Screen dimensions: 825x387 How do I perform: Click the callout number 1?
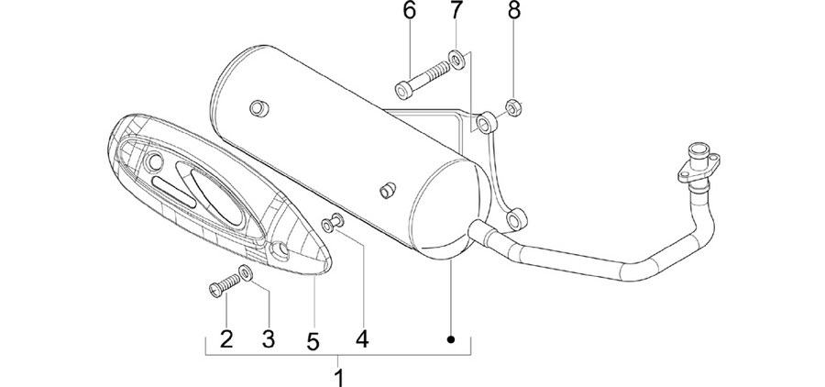[x=339, y=377]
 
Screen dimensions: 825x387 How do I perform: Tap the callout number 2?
[x=226, y=339]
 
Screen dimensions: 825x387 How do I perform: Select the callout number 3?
[x=269, y=339]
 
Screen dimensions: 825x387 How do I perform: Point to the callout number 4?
[x=362, y=339]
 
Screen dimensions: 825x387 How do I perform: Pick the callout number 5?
[x=313, y=342]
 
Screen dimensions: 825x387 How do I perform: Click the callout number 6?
[x=410, y=11]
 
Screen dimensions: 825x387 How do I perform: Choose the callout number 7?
[x=456, y=11]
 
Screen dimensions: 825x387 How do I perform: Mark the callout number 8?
[x=514, y=11]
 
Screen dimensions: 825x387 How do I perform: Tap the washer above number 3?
[x=246, y=272]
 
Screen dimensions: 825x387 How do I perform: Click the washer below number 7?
[x=456, y=60]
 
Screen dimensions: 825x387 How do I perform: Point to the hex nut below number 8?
[x=513, y=108]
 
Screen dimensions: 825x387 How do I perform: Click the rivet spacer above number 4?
[x=333, y=223]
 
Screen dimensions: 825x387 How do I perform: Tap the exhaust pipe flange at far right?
[x=698, y=163]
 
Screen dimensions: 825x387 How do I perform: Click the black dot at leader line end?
[x=450, y=339]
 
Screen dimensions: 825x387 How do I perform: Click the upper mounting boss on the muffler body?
[x=258, y=108]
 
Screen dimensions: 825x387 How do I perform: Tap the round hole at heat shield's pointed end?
[x=279, y=250]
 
